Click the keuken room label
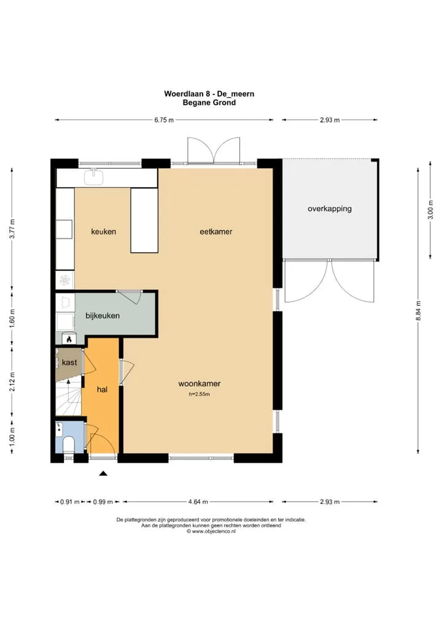point(104,231)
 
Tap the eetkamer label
point(216,231)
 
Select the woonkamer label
point(200,384)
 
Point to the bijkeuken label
point(103,316)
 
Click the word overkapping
point(330,209)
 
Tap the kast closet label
point(69,362)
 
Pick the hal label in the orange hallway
point(102,389)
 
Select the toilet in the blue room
point(69,444)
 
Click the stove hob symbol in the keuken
point(64,280)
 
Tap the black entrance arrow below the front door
point(103,473)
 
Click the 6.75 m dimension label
point(164,120)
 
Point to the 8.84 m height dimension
point(418,311)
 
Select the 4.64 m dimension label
point(198,502)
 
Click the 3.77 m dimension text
point(12,229)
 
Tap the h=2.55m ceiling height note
point(200,394)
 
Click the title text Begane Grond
point(209,103)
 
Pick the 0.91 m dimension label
point(70,502)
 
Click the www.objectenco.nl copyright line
point(211,531)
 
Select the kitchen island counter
point(144,220)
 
